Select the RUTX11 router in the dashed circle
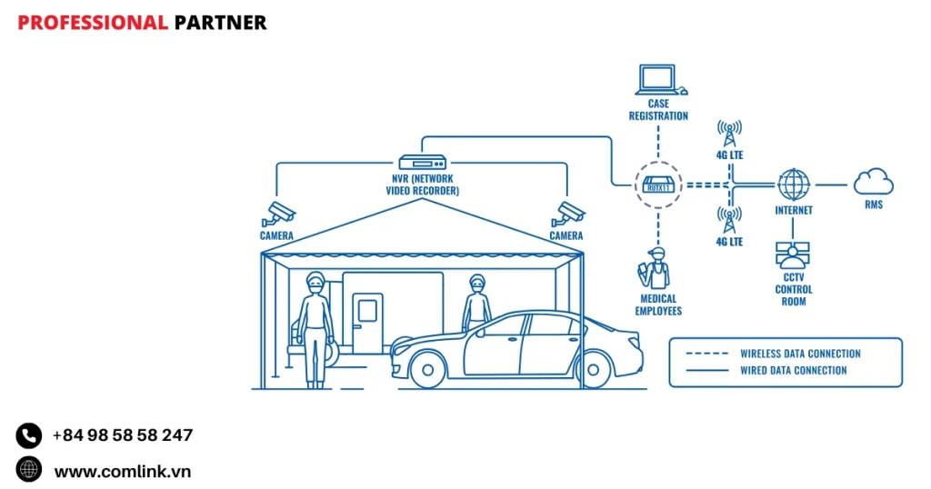[x=657, y=185]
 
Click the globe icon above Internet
[x=794, y=185]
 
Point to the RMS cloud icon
[x=874, y=182]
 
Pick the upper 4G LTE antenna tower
[x=729, y=134]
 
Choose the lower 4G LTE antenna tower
[x=729, y=220]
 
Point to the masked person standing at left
[x=315, y=327]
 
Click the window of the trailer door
[x=367, y=311]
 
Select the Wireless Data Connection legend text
[x=800, y=354]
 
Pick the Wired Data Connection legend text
[x=794, y=370]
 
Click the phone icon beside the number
[x=29, y=435]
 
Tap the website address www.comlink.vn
[x=123, y=471]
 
